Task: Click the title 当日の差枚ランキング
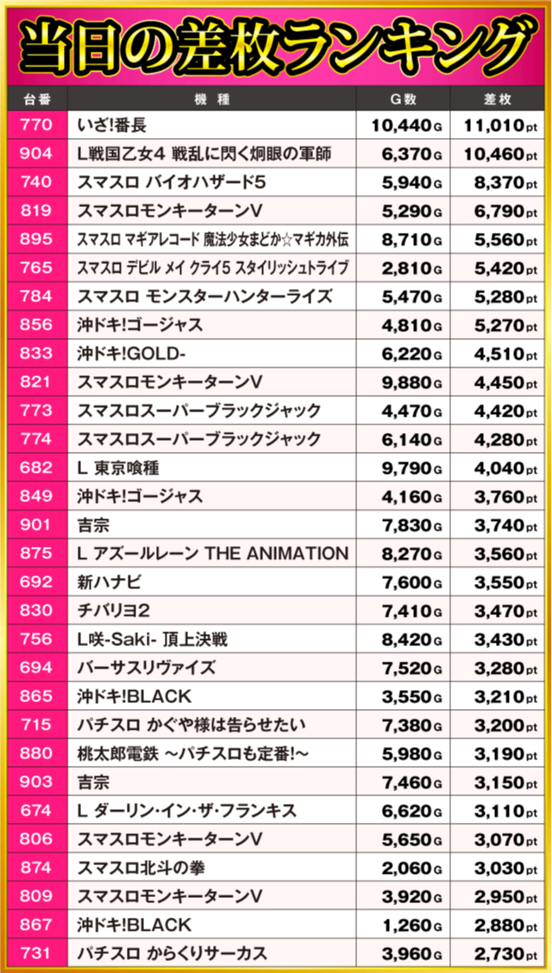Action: [x=276, y=43]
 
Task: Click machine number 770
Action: [x=36, y=126]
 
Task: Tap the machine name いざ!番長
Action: [x=112, y=126]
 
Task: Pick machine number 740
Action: [x=36, y=183]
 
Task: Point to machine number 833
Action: [x=36, y=354]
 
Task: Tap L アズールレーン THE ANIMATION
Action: [x=212, y=554]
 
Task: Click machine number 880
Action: [x=36, y=754]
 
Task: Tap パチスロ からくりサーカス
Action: [x=172, y=953]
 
